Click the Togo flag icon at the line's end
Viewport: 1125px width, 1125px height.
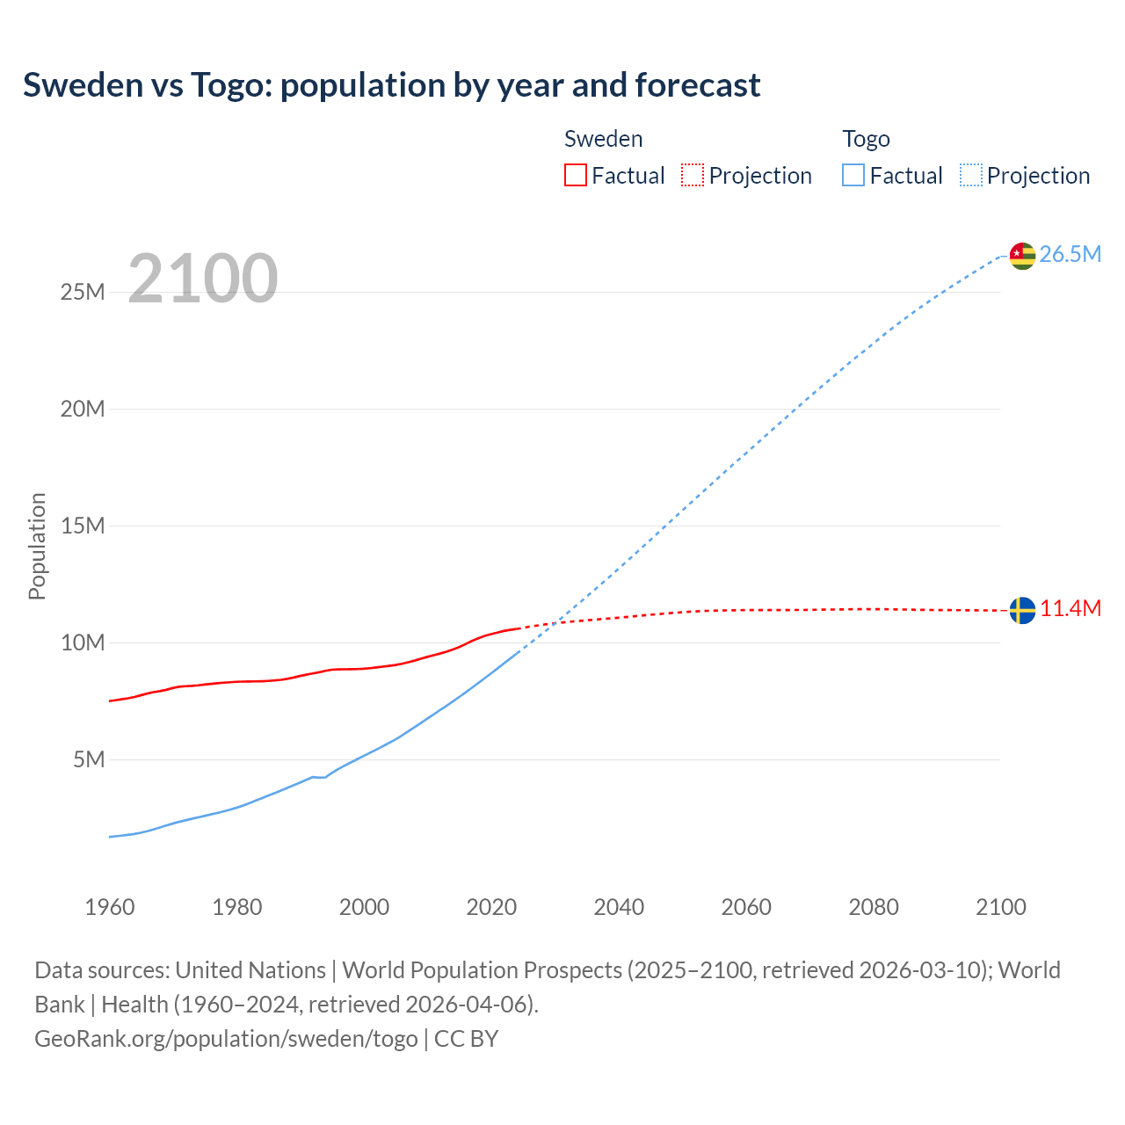tap(1022, 256)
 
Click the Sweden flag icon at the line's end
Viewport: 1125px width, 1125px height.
tap(1022, 610)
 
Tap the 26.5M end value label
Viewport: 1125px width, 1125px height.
tap(1070, 255)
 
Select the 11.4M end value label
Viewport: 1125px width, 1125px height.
tap(1070, 609)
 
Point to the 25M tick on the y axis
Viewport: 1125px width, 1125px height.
tap(83, 293)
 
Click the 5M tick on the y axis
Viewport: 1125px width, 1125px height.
tap(89, 759)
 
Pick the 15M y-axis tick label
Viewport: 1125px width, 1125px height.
tap(83, 526)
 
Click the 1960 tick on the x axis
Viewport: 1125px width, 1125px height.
tap(110, 907)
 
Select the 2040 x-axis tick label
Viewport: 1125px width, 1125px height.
tap(619, 907)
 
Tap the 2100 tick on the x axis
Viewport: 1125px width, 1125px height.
tap(1001, 907)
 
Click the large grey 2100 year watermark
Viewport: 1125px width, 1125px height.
tap(203, 279)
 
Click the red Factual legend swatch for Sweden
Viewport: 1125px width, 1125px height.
tap(576, 176)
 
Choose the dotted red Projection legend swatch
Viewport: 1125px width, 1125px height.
tap(693, 176)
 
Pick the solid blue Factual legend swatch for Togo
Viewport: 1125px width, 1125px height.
tap(853, 176)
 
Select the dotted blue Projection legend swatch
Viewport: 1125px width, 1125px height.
tap(970, 176)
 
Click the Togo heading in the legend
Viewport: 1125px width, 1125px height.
tap(866, 139)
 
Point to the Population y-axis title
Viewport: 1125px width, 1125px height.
tap(37, 546)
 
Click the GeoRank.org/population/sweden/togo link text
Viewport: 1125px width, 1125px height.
tap(226, 1039)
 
